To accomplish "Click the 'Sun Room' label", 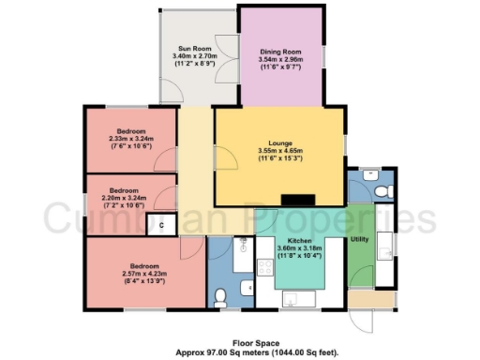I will pos(195,48).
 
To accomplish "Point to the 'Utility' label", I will pos(359,240).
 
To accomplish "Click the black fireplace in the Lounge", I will pos(299,199).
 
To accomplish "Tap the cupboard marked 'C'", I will pos(162,224).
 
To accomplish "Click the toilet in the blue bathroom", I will pos(221,297).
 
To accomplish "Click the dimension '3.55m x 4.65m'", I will pos(270,153).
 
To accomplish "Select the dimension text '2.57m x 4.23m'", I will pos(131,273).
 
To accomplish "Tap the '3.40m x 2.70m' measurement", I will pos(195,56).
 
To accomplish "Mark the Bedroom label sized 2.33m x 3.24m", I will pos(130,130).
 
